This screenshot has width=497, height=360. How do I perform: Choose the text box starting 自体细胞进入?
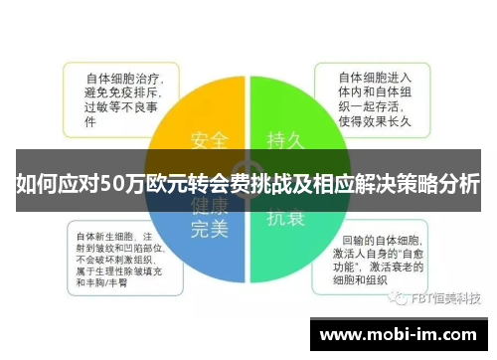(376, 97)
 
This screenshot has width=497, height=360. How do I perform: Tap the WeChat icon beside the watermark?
(399, 297)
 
